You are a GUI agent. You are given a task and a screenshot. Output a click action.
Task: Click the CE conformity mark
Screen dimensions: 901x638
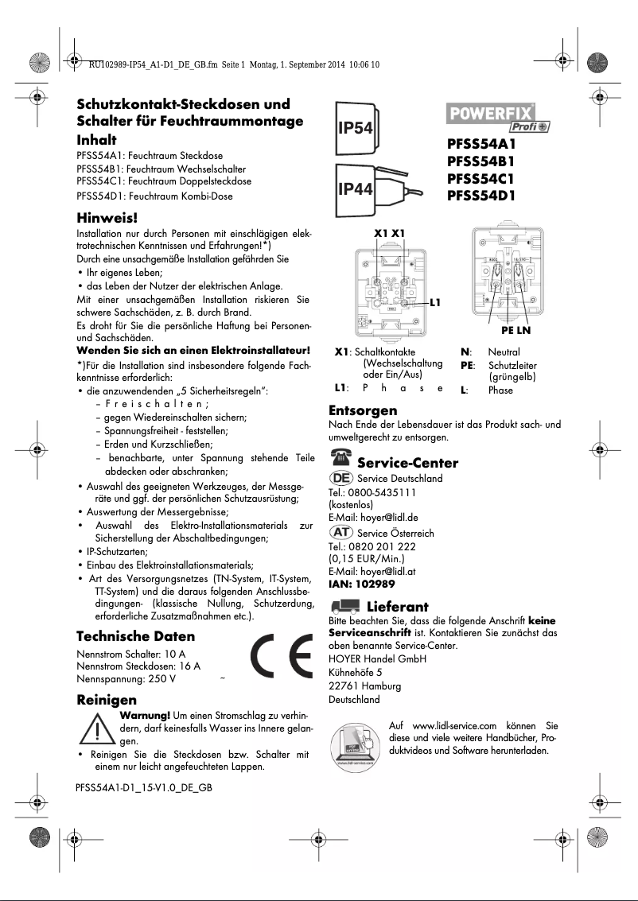tap(282, 657)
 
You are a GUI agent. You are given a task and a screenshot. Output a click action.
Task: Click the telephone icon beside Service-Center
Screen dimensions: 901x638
tap(340, 460)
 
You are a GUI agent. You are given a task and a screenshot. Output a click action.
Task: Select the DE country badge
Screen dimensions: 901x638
tap(341, 478)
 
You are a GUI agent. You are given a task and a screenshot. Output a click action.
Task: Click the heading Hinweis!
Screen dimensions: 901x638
tap(107, 217)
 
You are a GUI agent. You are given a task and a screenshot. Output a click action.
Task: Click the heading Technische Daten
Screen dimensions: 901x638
tap(135, 636)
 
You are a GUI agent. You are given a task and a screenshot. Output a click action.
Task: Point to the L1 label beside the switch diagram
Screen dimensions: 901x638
tap(434, 303)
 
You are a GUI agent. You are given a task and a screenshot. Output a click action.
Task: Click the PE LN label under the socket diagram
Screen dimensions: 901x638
tap(515, 329)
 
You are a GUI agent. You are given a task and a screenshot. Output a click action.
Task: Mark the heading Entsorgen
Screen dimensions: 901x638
tap(363, 410)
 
